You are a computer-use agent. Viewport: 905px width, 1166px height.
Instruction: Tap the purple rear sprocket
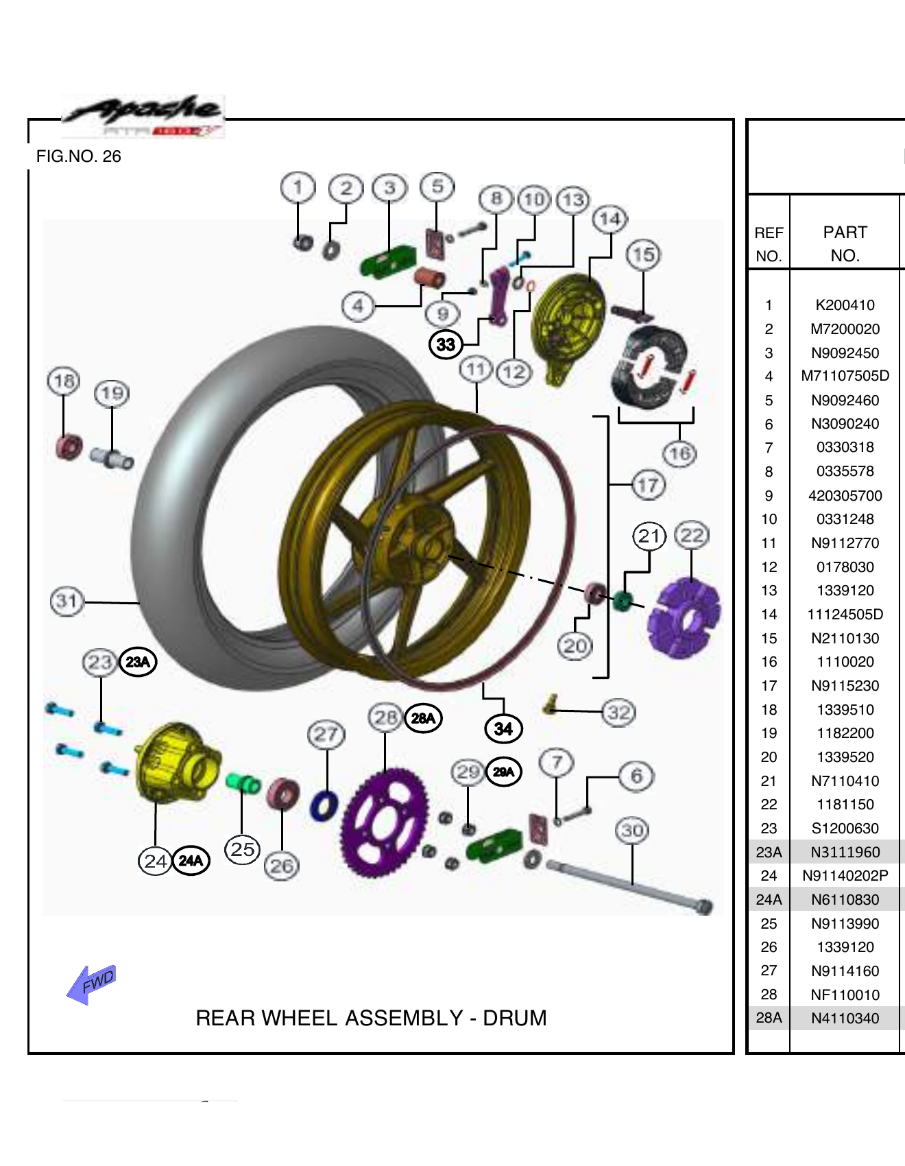[384, 823]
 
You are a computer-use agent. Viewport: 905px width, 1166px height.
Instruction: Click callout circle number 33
[446, 344]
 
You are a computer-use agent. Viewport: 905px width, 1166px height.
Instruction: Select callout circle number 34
[503, 728]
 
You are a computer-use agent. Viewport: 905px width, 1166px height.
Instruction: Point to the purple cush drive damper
[684, 617]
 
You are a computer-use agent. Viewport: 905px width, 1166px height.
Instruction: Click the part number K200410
[845, 305]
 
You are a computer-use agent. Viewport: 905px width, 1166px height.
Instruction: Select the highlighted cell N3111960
[845, 852]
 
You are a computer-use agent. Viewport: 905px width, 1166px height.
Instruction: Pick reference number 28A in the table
[769, 1018]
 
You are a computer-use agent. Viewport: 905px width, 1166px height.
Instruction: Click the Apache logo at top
[143, 115]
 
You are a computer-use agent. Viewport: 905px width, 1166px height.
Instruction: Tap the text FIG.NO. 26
[78, 156]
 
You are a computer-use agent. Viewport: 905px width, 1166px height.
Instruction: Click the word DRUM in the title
[514, 1018]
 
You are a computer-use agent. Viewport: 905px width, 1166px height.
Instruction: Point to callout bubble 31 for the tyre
[67, 602]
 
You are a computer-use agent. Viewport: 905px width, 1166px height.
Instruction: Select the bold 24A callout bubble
[191, 860]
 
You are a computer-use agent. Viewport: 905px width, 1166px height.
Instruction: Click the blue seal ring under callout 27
[324, 806]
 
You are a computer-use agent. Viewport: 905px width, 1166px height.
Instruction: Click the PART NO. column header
[845, 243]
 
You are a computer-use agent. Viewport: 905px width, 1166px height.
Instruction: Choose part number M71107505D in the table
[845, 376]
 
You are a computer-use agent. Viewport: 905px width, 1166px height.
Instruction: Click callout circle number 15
[642, 255]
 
